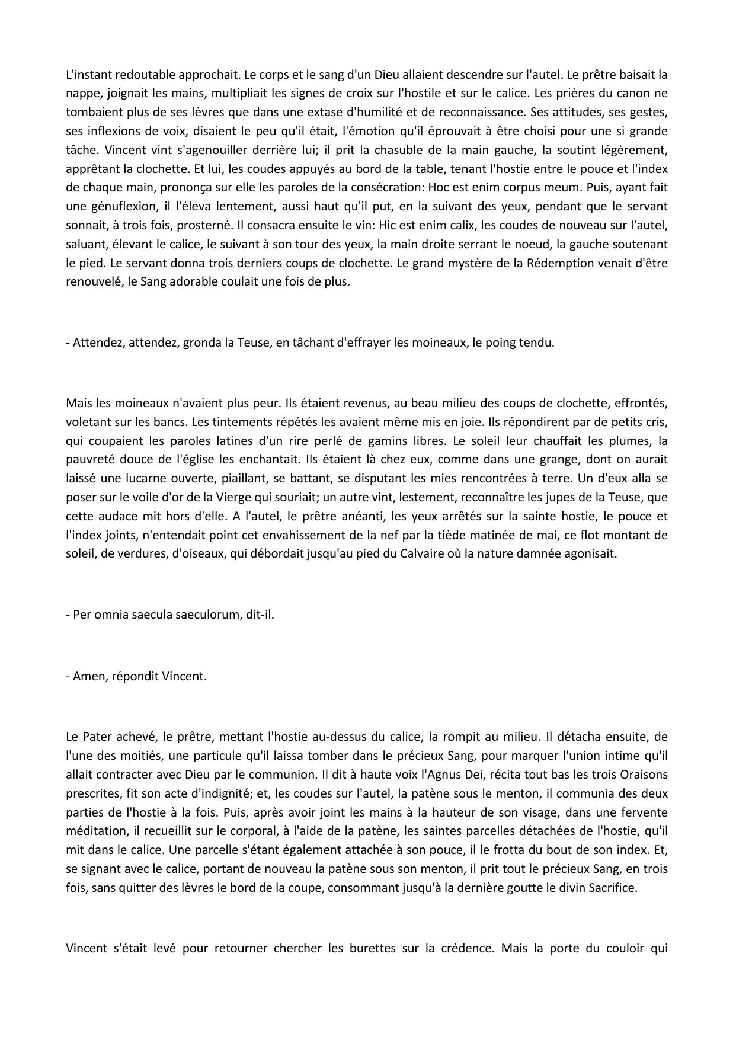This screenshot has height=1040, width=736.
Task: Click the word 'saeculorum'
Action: coord(210,615)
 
